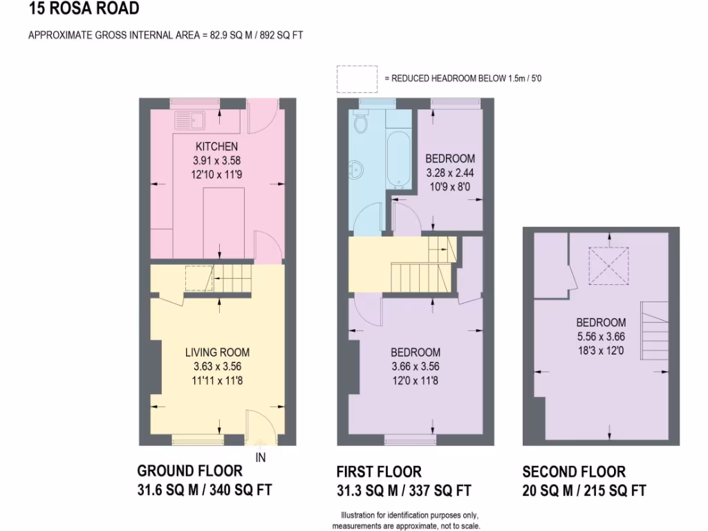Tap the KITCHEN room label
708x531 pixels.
[216, 147]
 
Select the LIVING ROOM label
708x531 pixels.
[217, 353]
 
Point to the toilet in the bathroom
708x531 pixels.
[360, 122]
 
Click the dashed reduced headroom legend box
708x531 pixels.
[356, 79]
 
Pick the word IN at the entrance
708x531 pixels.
[261, 457]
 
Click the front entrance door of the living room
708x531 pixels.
[261, 425]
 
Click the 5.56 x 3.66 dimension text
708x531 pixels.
[601, 337]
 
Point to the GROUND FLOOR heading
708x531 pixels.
[190, 472]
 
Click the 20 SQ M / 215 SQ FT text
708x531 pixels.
[584, 491]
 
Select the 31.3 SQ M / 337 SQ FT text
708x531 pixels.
[404, 491]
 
